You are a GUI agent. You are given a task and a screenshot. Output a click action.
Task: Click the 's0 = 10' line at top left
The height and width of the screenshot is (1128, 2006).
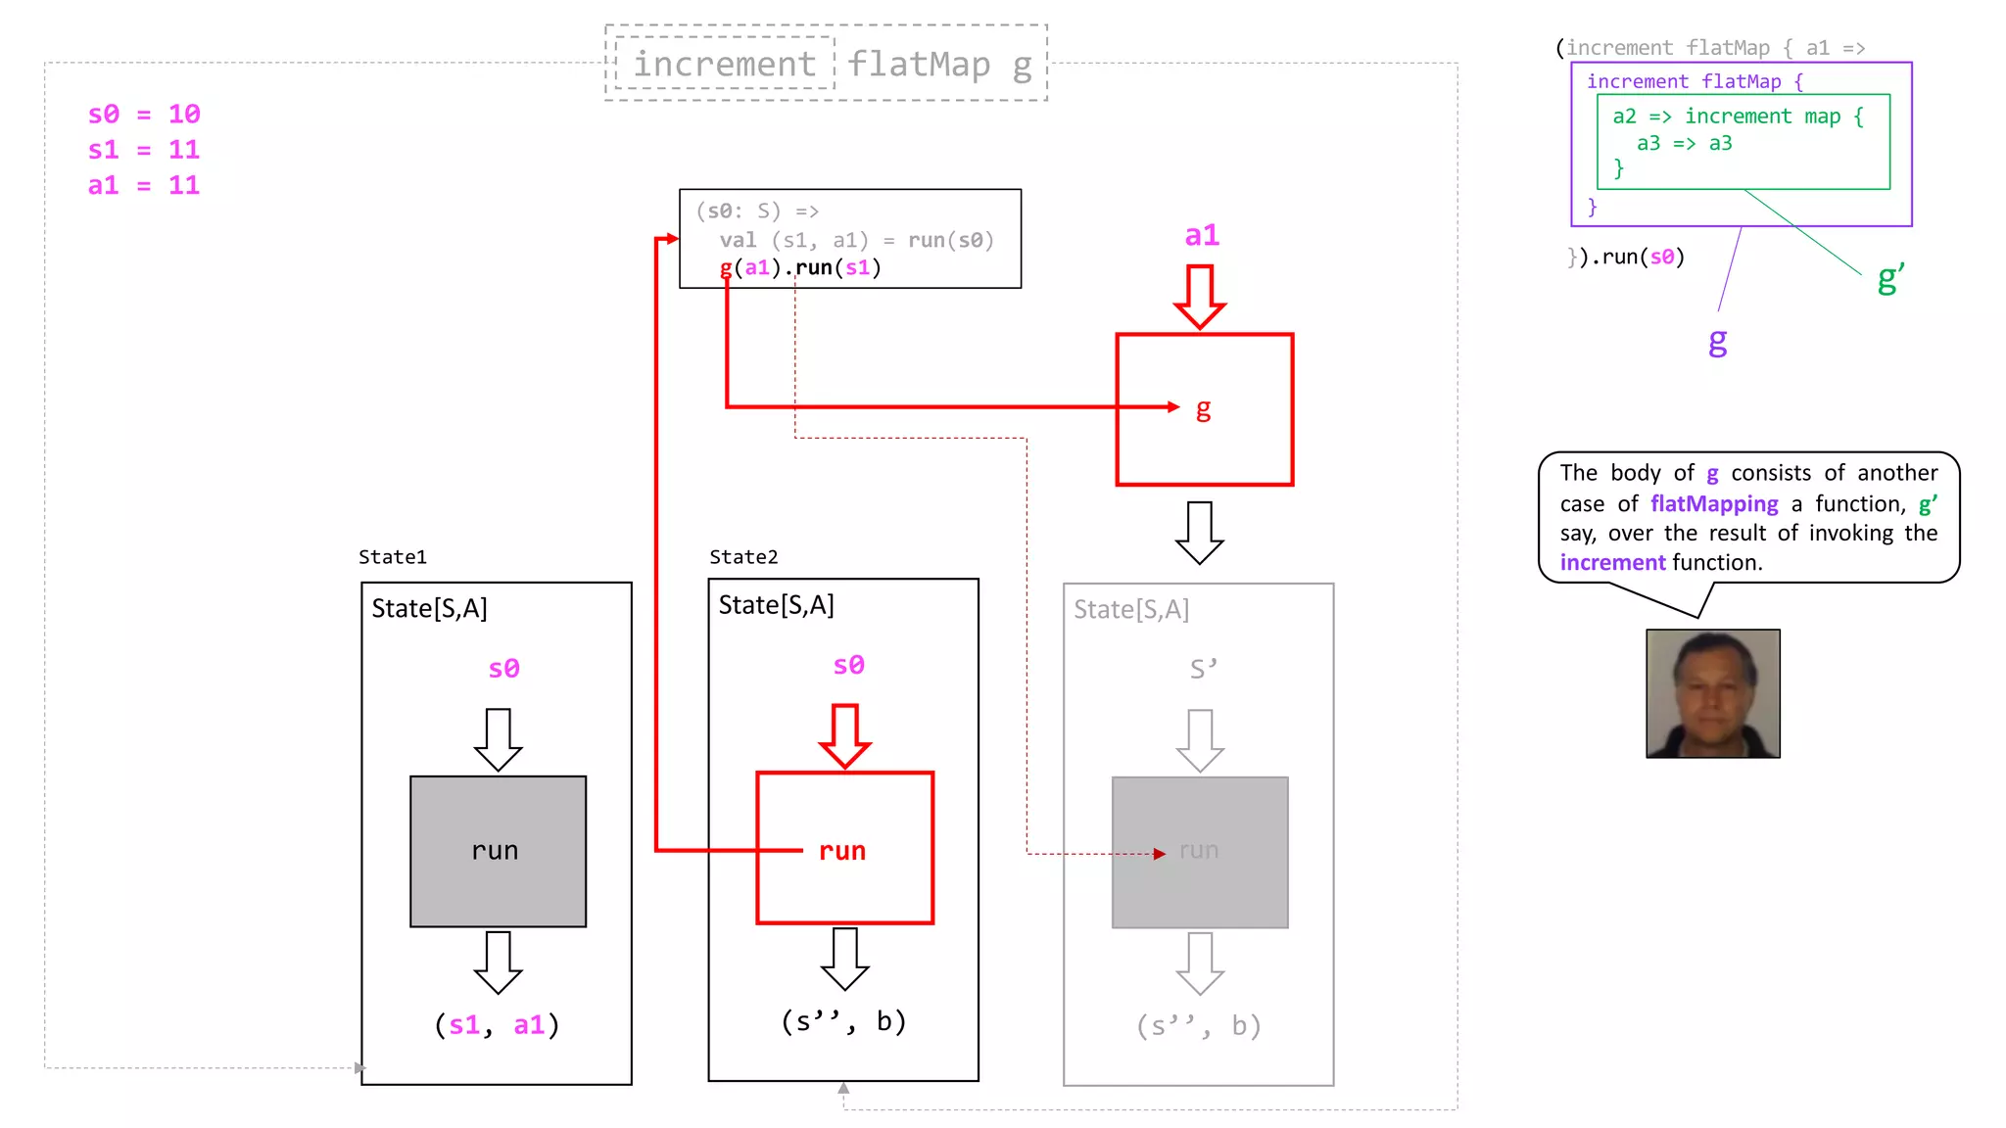pyautogui.click(x=144, y=115)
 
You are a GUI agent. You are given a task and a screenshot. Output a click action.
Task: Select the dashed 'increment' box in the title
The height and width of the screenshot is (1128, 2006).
pyautogui.click(x=724, y=64)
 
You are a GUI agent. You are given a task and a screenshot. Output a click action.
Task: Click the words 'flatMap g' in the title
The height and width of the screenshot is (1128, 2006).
pyautogui.click(x=938, y=65)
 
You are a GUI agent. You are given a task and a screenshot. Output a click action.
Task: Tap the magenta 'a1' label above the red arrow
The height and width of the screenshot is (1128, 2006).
pyautogui.click(x=1202, y=235)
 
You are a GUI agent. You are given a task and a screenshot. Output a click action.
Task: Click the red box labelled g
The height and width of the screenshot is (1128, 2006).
pyautogui.click(x=1204, y=409)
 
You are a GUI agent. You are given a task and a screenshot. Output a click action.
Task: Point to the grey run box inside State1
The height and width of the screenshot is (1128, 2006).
pyautogui.click(x=498, y=851)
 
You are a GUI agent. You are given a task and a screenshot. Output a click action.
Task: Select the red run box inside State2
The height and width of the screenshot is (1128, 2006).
pyautogui.click(x=844, y=848)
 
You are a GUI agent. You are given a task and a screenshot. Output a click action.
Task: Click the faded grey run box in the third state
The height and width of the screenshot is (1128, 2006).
pyautogui.click(x=1200, y=851)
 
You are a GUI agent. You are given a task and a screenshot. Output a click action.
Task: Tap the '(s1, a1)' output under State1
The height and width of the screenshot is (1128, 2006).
pyautogui.click(x=497, y=1025)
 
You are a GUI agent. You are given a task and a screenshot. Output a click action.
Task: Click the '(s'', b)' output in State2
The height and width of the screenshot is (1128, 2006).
pyautogui.click(x=843, y=1021)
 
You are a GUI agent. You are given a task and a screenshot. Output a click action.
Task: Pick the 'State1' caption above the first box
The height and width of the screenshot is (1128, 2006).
pyautogui.click(x=393, y=557)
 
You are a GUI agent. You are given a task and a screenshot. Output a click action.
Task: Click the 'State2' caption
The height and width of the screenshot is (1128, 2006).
pyautogui.click(x=743, y=557)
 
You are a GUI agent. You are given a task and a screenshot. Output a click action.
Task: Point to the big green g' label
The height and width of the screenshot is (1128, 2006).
pyautogui.click(x=1889, y=279)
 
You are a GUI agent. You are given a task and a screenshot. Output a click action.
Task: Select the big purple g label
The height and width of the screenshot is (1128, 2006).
pyautogui.click(x=1717, y=341)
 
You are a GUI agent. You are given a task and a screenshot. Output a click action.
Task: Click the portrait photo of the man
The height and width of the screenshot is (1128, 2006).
pyautogui.click(x=1712, y=693)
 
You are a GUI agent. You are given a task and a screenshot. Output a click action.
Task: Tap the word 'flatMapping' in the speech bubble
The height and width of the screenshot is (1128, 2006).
pyautogui.click(x=1713, y=503)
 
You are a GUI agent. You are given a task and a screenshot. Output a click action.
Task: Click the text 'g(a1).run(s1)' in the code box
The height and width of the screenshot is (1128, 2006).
pyautogui.click(x=800, y=267)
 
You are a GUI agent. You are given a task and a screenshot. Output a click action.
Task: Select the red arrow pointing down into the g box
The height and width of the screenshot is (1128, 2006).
pyautogui.click(x=1200, y=296)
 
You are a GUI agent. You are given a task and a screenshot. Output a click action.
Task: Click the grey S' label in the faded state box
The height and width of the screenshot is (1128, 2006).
pyautogui.click(x=1203, y=669)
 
